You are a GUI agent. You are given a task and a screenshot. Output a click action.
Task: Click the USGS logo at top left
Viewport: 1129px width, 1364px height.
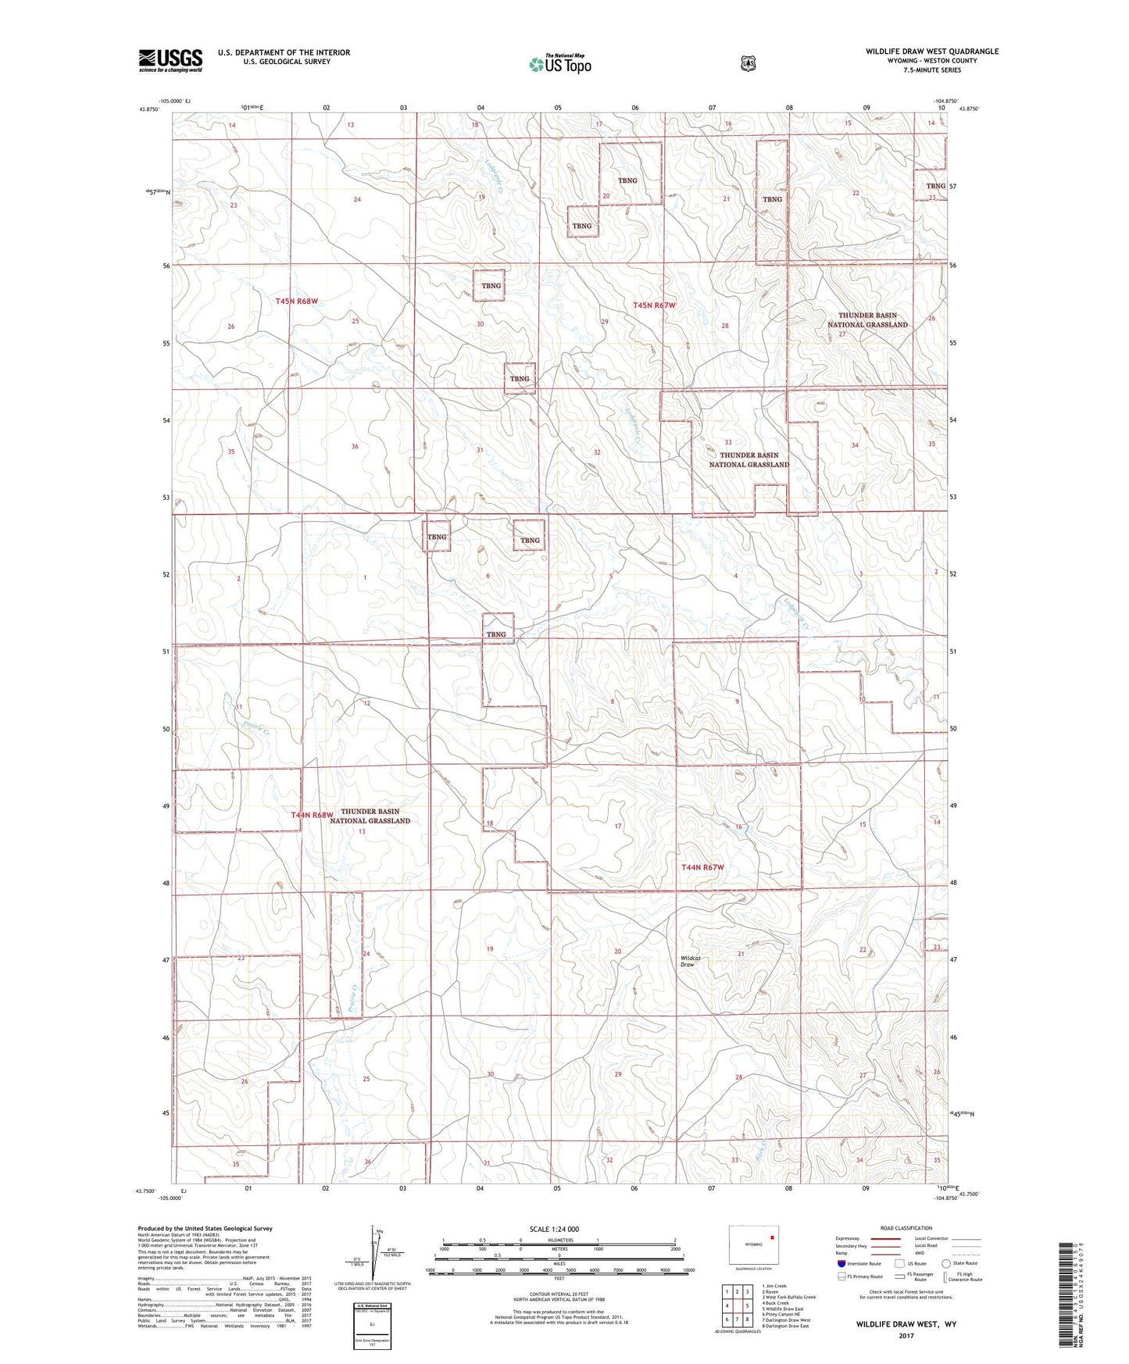tap(170, 59)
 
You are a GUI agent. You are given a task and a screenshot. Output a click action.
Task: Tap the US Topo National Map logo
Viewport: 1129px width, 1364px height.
tap(559, 63)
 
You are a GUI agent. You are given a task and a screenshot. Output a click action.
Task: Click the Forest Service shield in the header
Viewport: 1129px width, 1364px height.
tap(748, 63)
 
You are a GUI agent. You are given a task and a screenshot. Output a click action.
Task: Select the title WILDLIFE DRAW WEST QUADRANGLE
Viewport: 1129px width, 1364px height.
tap(931, 51)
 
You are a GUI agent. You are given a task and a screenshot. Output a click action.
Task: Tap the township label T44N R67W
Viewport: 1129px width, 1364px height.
tap(702, 867)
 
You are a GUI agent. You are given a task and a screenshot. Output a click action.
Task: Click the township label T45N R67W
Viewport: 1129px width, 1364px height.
tap(654, 305)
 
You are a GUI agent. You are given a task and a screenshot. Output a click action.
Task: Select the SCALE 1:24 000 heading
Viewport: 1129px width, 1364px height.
tap(554, 1229)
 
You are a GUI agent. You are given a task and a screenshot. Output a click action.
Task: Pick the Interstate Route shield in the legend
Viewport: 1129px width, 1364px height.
tap(841, 1263)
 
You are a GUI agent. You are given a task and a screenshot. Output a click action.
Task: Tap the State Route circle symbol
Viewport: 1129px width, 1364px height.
tap(946, 1263)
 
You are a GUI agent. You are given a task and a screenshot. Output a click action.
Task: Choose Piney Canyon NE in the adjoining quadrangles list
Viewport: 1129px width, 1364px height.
tap(782, 1314)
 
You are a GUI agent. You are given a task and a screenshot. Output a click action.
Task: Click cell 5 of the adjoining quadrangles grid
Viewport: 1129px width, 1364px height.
tap(747, 1305)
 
